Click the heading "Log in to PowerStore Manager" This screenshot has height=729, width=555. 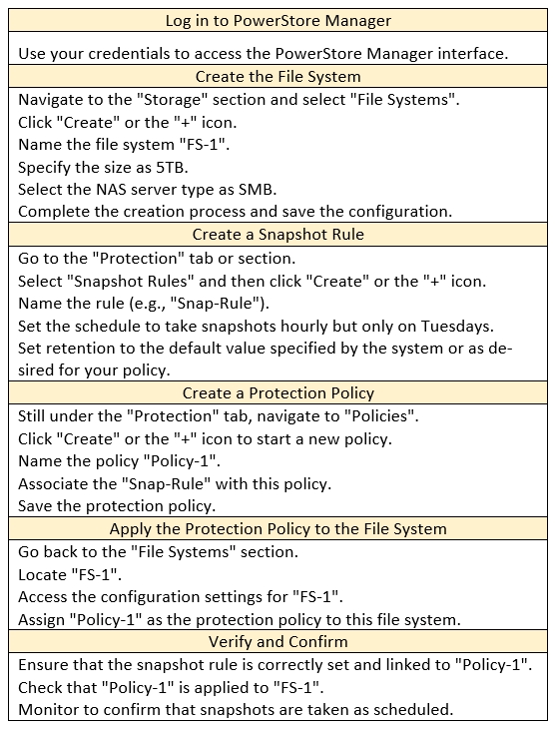pyautogui.click(x=277, y=20)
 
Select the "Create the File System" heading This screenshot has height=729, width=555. pyautogui.click(x=277, y=76)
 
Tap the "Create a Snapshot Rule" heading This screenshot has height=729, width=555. pyautogui.click(x=277, y=234)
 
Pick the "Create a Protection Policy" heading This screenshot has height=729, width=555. pyautogui.click(x=277, y=392)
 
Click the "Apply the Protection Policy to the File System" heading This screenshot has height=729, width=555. pyautogui.click(x=277, y=528)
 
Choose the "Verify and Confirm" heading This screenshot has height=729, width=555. pyautogui.click(x=277, y=641)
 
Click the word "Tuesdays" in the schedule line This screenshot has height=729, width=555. pyautogui.click(x=457, y=326)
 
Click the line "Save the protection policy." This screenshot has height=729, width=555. pyautogui.click(x=117, y=506)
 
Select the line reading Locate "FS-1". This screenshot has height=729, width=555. pyautogui.click(x=70, y=574)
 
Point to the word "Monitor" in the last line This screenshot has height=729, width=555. pyautogui.click(x=48, y=709)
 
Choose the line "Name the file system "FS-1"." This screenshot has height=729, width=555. pyautogui.click(x=124, y=144)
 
